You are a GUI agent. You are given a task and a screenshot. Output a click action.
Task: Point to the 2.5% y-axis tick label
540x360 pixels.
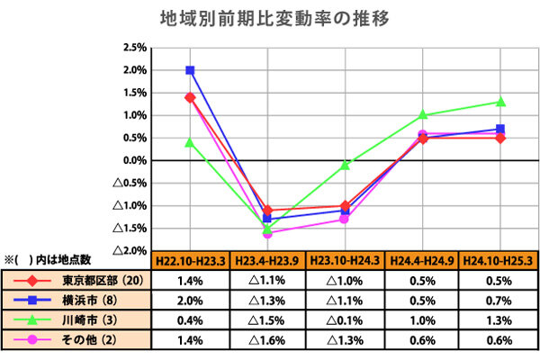[x=133, y=48]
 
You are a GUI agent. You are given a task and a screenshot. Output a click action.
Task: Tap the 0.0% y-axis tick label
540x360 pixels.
[x=133, y=160]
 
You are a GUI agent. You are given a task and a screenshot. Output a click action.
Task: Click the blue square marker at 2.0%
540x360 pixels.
[x=190, y=70]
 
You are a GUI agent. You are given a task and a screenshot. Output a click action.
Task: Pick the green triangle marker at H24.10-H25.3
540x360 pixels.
[x=500, y=102]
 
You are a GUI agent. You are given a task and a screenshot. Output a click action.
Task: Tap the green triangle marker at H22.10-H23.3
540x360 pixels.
[x=190, y=142]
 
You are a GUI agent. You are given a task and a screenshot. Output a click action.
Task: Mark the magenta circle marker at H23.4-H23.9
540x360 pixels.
[x=267, y=233]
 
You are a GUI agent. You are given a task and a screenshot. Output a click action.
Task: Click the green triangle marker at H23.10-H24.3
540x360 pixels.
[x=345, y=166]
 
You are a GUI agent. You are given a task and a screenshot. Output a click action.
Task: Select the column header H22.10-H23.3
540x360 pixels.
[x=189, y=260]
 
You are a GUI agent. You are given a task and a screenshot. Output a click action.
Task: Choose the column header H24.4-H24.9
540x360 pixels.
[x=422, y=260]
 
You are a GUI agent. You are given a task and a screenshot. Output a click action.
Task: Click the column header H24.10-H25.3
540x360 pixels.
[x=499, y=260]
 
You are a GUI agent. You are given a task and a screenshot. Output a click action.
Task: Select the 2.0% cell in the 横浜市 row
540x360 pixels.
[x=189, y=300]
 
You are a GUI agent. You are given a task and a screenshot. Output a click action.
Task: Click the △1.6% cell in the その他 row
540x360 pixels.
[x=267, y=339]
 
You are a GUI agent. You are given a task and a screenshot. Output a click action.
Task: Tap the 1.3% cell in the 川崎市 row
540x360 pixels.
[x=499, y=319]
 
